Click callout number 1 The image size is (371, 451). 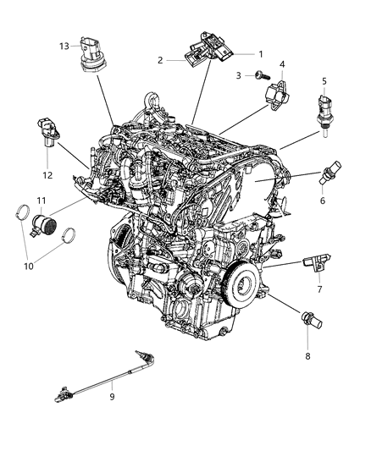tap(261, 54)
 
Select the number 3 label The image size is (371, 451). tap(240, 76)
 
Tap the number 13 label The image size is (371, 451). tap(63, 46)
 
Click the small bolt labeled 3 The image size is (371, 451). tap(256, 76)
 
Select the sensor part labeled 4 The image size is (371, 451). tap(278, 92)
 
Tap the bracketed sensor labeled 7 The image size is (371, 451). tap(314, 265)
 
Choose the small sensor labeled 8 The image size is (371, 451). tap(307, 320)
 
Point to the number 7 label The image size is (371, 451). tap(318, 289)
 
